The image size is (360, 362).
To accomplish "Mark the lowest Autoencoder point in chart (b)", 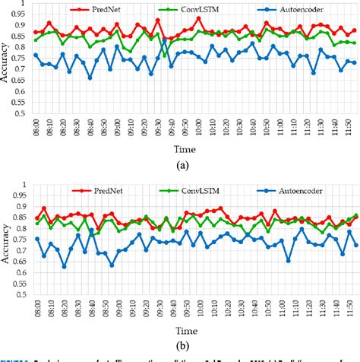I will (x=64, y=266).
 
